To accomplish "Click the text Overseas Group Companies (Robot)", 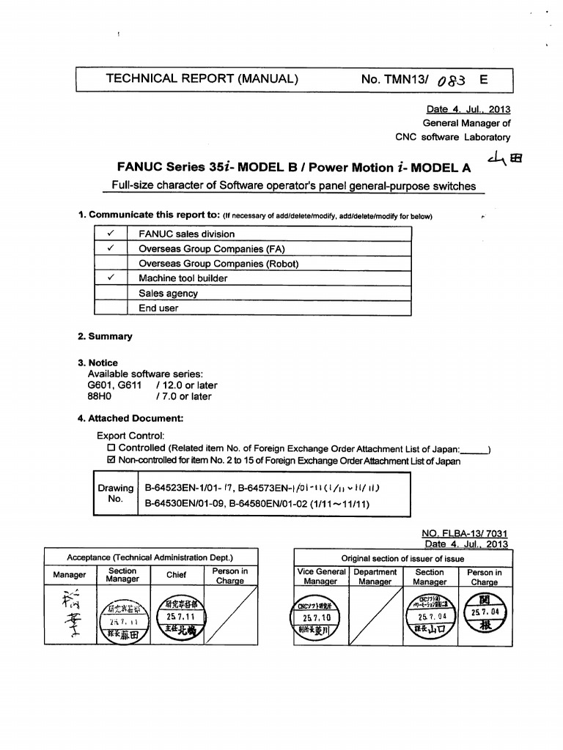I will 218,264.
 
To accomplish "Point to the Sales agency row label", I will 168,294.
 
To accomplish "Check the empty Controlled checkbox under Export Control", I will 111,448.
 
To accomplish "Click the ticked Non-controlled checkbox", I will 111,461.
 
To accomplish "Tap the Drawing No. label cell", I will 116,494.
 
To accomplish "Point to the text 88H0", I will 98,396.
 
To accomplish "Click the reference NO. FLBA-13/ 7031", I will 465,535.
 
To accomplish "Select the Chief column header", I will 176,575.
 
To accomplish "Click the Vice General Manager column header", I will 321,576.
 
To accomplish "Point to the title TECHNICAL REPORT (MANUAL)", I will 202,78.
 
